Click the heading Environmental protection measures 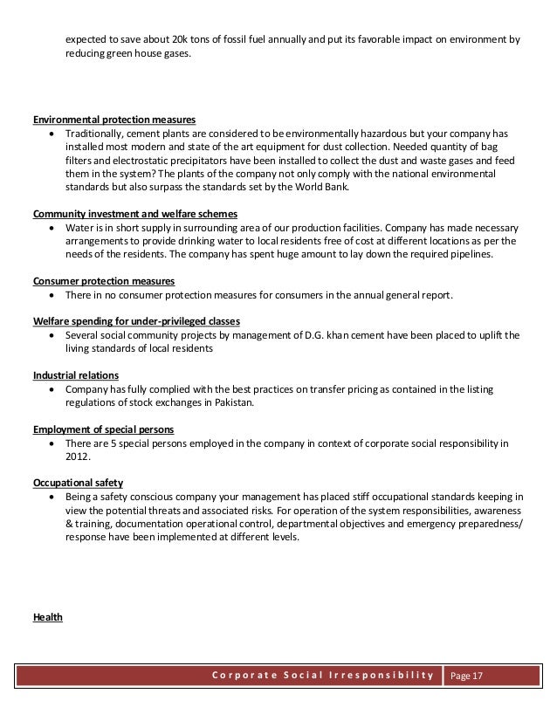pos(113,120)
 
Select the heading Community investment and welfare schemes pos(136,215)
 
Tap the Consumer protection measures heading pos(103,281)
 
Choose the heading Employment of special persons pos(103,429)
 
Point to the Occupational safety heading pos(78,482)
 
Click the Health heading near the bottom pos(47,616)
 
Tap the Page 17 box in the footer pos(471,677)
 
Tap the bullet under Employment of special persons pos(55,443)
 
